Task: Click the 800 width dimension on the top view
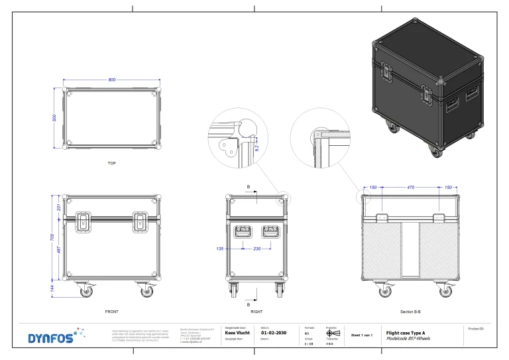pos(111,80)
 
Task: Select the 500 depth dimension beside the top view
pos(54,118)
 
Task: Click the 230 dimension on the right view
pos(256,249)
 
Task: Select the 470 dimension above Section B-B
pos(410,188)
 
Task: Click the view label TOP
pos(111,162)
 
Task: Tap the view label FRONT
pos(111,310)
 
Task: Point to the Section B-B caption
pos(410,310)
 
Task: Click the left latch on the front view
pos(84,222)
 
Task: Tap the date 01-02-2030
pos(274,333)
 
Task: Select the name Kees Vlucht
pos(237,333)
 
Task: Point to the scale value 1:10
pos(308,344)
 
